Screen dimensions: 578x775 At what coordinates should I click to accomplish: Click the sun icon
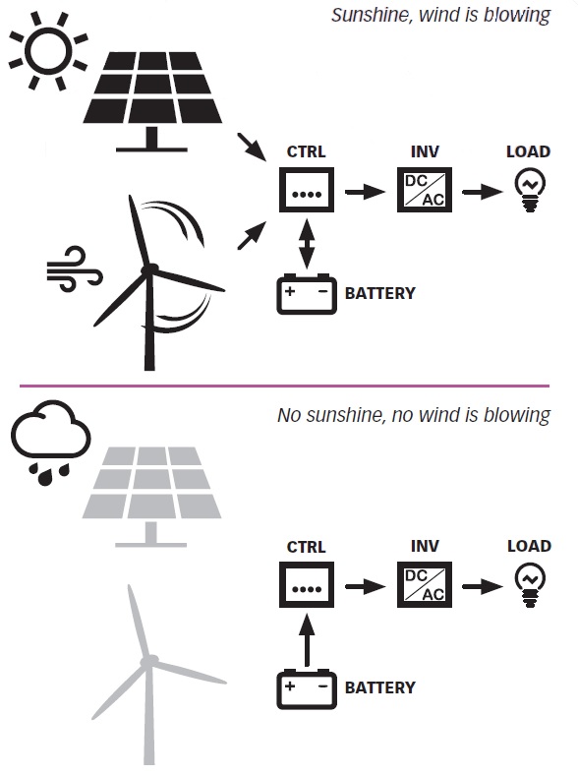[48, 51]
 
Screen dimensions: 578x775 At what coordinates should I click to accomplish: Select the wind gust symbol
[74, 268]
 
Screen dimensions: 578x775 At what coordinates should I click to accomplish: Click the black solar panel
[152, 101]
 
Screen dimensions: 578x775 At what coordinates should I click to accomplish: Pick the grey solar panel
[151, 497]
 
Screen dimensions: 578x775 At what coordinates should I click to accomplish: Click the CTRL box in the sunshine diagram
[307, 190]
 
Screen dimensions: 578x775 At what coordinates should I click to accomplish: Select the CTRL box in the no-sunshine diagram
[307, 585]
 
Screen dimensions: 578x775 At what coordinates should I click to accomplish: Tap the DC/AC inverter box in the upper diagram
[425, 190]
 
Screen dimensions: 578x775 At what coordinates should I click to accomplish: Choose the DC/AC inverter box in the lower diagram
[425, 585]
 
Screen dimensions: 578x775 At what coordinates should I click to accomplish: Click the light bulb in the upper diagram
[530, 191]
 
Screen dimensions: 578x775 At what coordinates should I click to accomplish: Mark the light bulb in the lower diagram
[530, 586]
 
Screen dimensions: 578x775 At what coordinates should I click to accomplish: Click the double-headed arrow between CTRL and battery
[307, 245]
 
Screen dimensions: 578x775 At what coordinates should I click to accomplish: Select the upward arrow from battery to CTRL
[307, 640]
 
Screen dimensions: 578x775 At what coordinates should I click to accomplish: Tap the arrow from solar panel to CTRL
[252, 147]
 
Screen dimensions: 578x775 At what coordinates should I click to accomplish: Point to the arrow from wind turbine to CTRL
[252, 236]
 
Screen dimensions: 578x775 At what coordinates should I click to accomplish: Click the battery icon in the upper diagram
[307, 294]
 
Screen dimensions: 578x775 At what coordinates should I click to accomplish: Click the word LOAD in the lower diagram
[529, 546]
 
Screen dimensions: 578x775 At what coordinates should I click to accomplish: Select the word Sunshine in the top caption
[370, 15]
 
